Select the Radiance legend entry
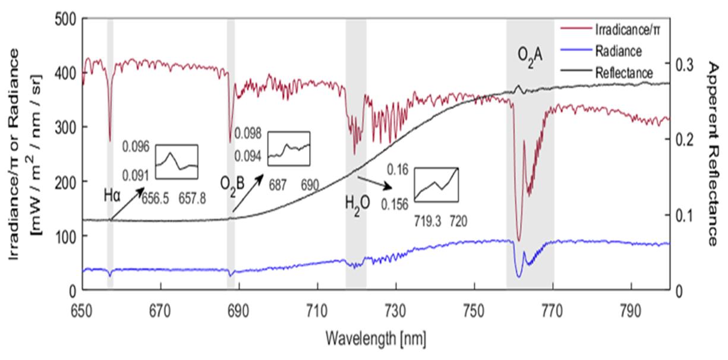tap(618, 51)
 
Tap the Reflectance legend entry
tap(624, 73)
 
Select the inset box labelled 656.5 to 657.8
tap(176, 161)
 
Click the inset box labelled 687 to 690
tap(289, 147)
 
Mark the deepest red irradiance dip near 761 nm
tap(519, 239)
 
